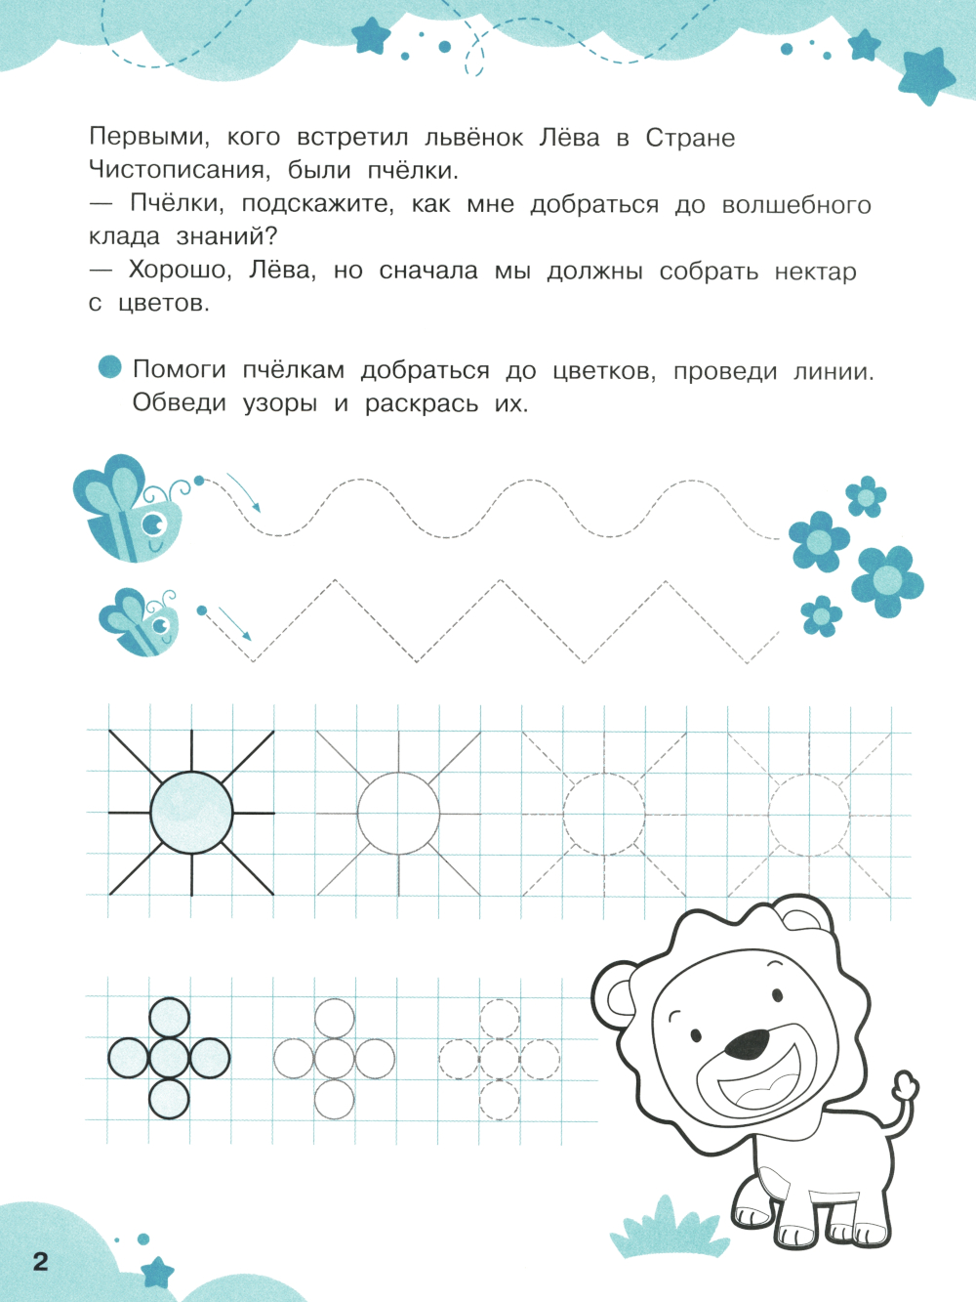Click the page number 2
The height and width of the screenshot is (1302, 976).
(40, 1261)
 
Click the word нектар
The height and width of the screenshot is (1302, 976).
(815, 272)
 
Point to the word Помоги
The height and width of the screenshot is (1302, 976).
(179, 370)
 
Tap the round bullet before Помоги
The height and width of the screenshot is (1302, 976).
(110, 367)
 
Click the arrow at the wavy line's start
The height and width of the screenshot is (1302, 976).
(245, 493)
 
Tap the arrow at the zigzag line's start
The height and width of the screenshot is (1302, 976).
(234, 622)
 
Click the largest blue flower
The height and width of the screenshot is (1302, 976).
(887, 581)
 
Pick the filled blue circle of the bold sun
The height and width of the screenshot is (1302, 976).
(191, 812)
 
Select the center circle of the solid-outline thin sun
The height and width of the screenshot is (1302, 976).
(398, 813)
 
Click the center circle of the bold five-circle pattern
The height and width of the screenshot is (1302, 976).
(169, 1058)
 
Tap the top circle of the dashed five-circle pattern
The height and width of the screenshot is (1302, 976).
(500, 1019)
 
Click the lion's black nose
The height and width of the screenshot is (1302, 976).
(748, 1044)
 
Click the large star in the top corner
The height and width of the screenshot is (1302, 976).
(924, 74)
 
